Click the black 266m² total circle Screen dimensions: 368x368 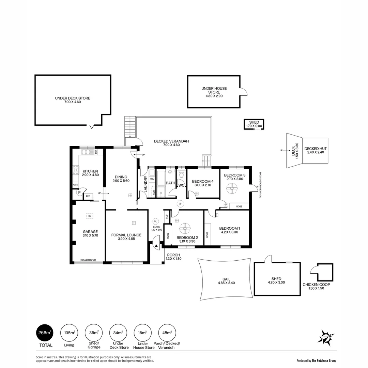45,333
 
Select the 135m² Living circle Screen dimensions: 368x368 70,333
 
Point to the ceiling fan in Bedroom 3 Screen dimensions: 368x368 233,188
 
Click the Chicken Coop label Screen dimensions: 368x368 316,286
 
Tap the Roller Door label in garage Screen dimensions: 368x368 88,260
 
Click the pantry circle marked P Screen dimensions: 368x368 79,193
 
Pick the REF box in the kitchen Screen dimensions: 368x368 88,196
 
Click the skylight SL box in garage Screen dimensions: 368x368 90,216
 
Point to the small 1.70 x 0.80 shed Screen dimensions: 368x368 254,124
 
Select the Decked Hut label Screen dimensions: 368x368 315,150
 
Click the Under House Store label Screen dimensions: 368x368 214,90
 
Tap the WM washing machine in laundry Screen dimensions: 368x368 152,179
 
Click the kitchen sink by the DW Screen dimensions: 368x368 88,152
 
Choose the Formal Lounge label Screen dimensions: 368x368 126,237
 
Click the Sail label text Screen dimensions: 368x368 226,281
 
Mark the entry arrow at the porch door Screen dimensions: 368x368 156,245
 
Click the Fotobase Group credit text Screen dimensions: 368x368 317,360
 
